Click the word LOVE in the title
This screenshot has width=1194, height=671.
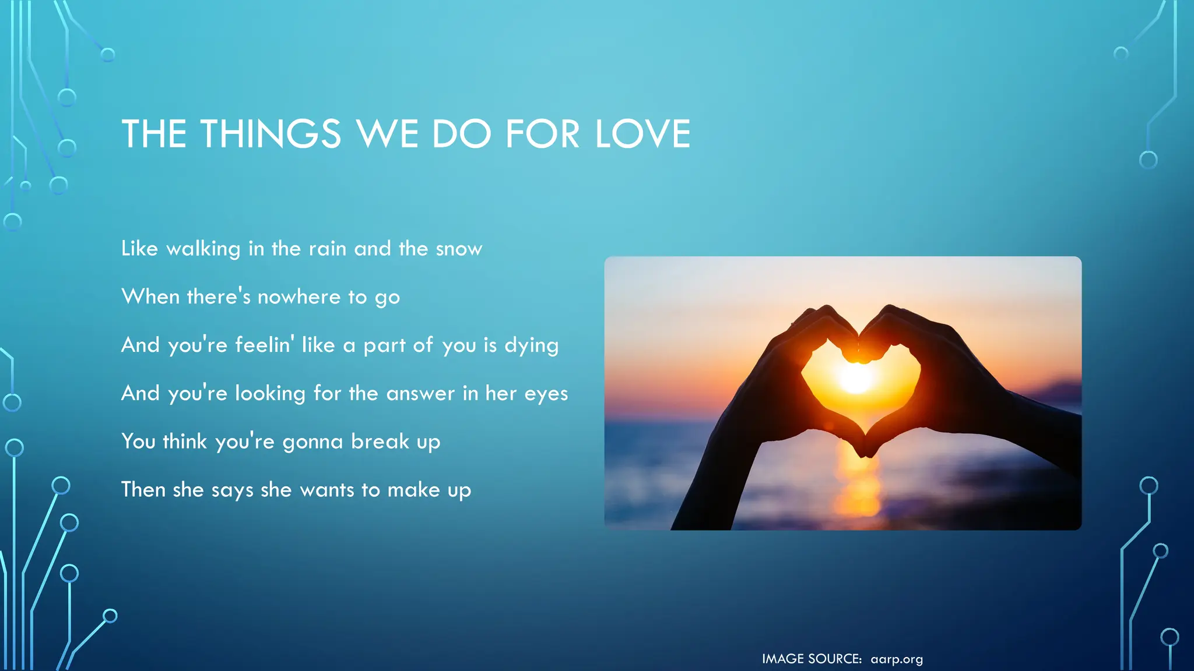coord(642,134)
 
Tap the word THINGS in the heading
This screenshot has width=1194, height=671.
coord(271,134)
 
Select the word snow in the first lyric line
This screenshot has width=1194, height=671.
coord(459,249)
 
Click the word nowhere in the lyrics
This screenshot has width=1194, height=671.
coord(298,297)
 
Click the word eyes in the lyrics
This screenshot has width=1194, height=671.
coord(546,394)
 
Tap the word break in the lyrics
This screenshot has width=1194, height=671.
coord(380,442)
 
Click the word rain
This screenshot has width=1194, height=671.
coord(327,249)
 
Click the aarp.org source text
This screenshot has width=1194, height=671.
coord(896,659)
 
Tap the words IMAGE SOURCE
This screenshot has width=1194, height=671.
coord(812,659)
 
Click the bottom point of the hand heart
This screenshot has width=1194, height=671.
coord(866,451)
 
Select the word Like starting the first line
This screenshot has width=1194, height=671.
coord(139,249)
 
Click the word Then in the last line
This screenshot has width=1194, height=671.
coord(143,490)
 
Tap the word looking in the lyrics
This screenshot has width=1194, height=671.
coord(270,394)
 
